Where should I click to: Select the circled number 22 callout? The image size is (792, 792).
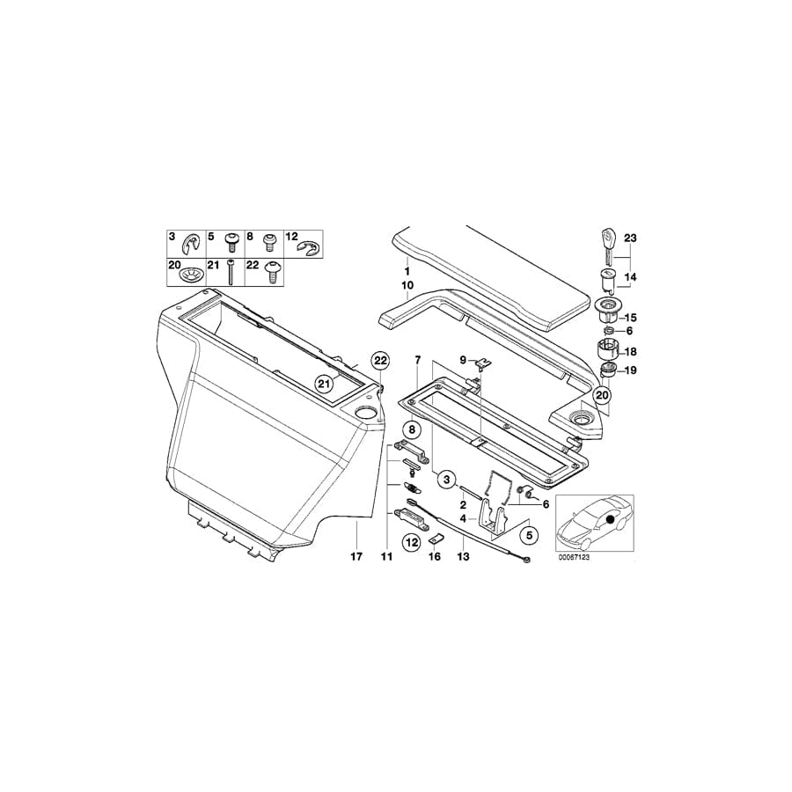tap(379, 360)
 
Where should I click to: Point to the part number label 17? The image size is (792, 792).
tap(356, 557)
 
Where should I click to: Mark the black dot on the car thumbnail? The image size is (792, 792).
tap(609, 521)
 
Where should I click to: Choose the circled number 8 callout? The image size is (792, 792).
tap(413, 430)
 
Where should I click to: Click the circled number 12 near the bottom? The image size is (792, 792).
tap(411, 543)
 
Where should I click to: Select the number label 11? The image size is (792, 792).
tap(385, 557)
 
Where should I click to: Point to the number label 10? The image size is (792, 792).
tap(407, 286)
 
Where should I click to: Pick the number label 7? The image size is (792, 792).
tap(418, 360)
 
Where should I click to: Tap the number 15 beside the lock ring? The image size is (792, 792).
tap(629, 316)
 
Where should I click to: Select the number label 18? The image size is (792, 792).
tap(629, 350)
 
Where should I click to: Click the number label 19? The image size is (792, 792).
tap(629, 370)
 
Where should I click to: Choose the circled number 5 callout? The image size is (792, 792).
tap(529, 534)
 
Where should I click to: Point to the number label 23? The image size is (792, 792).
tap(629, 238)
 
